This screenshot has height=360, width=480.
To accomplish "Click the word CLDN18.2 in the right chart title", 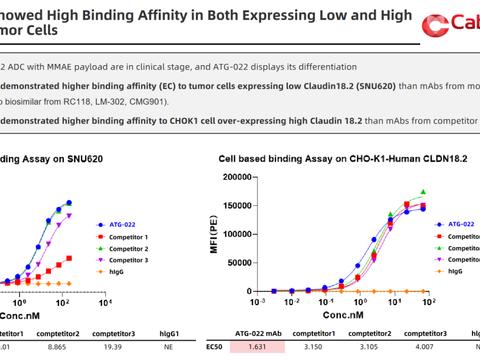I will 409,157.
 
